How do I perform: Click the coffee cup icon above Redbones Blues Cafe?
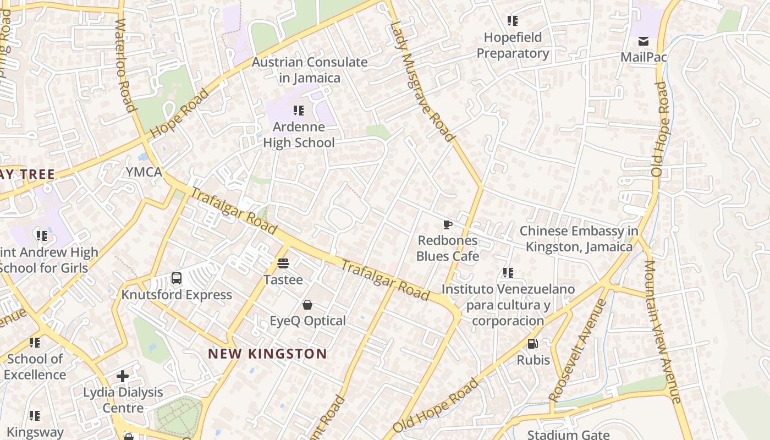click(x=448, y=224)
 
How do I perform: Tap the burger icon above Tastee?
click(x=283, y=263)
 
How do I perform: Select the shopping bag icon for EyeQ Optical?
click(x=307, y=305)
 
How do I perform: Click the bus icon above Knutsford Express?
click(x=177, y=278)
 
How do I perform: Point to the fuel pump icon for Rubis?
click(x=532, y=344)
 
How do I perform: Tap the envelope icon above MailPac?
click(x=643, y=41)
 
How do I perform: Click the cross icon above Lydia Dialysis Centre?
click(x=123, y=376)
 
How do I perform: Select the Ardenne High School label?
click(x=299, y=135)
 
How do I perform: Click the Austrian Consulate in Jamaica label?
click(x=309, y=70)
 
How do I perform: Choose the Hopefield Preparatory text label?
click(x=513, y=45)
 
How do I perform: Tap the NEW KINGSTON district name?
click(x=267, y=354)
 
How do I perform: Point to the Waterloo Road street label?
click(x=125, y=65)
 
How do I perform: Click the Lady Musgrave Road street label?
click(x=422, y=81)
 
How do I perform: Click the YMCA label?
click(x=144, y=172)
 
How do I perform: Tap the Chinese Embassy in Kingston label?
click(x=579, y=239)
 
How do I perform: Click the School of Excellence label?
click(x=35, y=367)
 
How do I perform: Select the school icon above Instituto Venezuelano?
click(x=508, y=273)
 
